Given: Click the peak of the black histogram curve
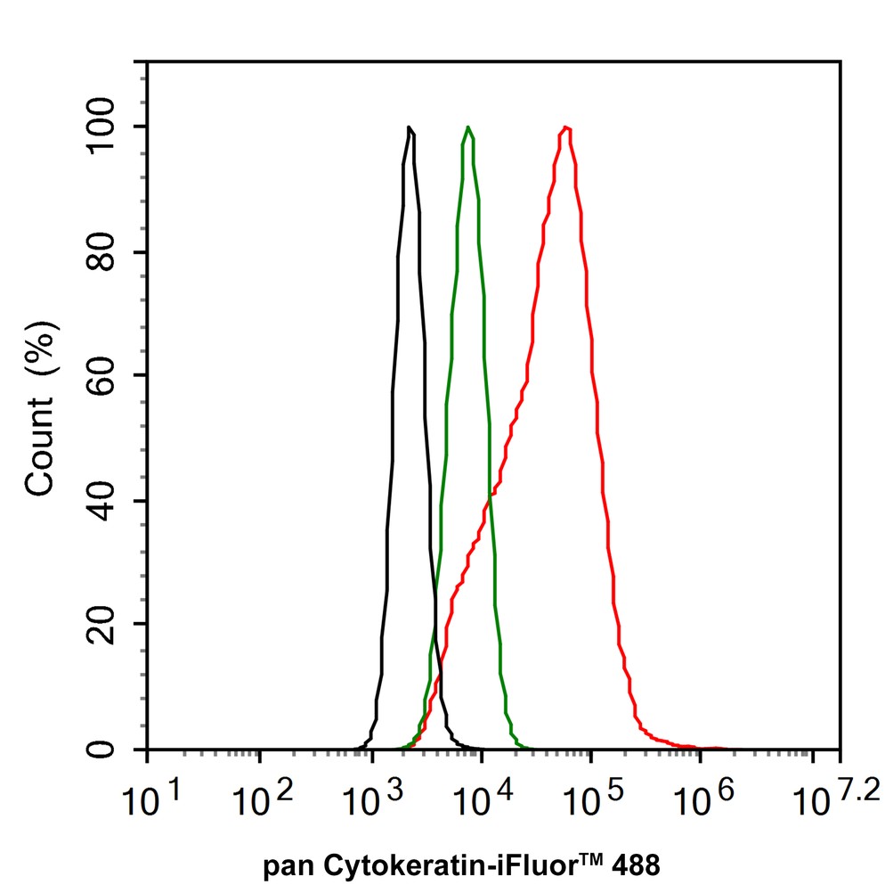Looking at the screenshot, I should click(x=409, y=127).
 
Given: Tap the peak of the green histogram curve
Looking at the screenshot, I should click(x=468, y=127).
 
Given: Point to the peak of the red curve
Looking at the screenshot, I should click(x=564, y=127).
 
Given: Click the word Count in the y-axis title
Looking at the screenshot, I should click(x=40, y=446).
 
